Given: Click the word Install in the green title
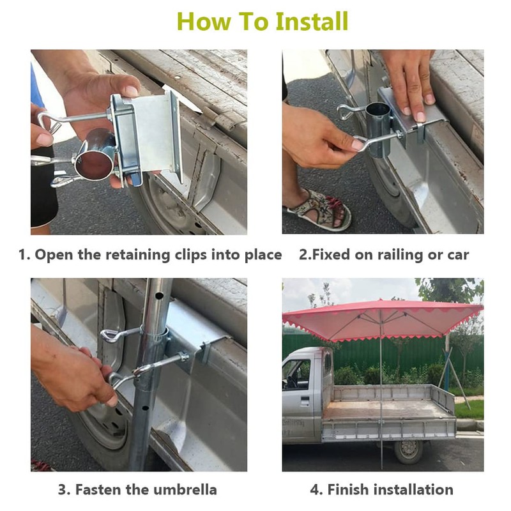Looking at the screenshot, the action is tap(312, 22).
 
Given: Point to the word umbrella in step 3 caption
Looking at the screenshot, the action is tap(185, 490).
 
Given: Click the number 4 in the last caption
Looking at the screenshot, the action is tap(315, 490).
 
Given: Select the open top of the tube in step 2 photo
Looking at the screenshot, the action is tap(378, 108).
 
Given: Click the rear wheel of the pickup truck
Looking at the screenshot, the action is tap(408, 450).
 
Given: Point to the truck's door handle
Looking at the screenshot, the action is tap(305, 401).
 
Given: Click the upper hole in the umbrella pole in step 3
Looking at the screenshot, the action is tap(159, 296).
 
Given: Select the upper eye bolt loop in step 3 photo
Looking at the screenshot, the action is tap(110, 336).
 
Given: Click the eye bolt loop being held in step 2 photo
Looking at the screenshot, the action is tap(360, 143).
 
